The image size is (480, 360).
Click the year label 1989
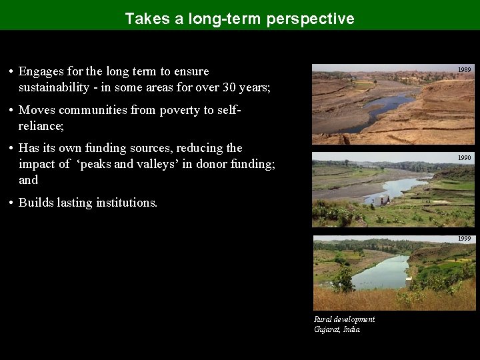pyautogui.click(x=464, y=70)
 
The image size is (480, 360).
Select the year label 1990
pyautogui.click(x=464, y=158)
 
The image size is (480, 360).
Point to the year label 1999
pyautogui.click(x=464, y=239)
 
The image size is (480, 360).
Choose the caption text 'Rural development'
pyautogui.click(x=344, y=319)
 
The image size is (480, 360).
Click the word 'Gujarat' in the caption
pyautogui.click(x=327, y=329)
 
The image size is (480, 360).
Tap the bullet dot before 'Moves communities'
pyautogui.click(x=11, y=110)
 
